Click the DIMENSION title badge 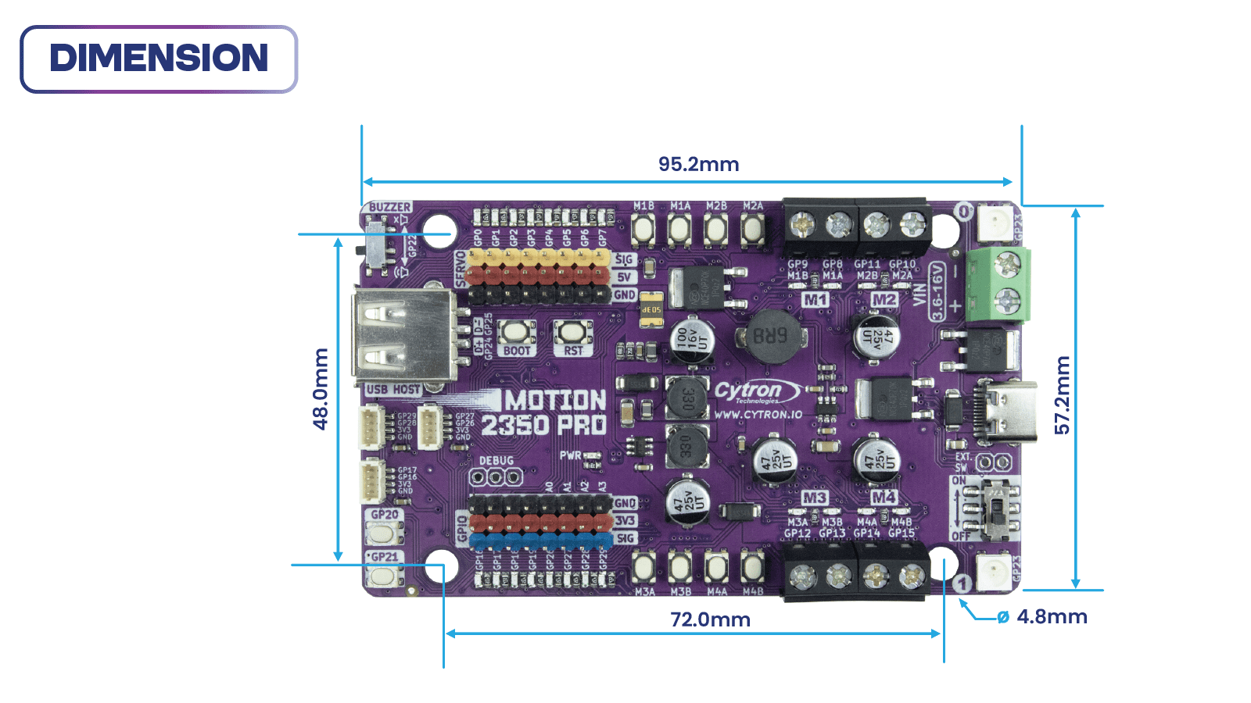point(159,59)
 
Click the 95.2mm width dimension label point(698,164)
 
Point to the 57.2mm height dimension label point(1062,394)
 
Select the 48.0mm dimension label point(321,389)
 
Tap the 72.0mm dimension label point(710,619)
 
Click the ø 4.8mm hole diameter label point(1043,617)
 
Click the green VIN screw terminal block point(999,284)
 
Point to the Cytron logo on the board point(755,391)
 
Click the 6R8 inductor point(770,337)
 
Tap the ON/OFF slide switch point(995,509)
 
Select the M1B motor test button point(643,230)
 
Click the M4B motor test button point(752,566)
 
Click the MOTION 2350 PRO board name point(544,412)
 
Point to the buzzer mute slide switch point(377,245)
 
